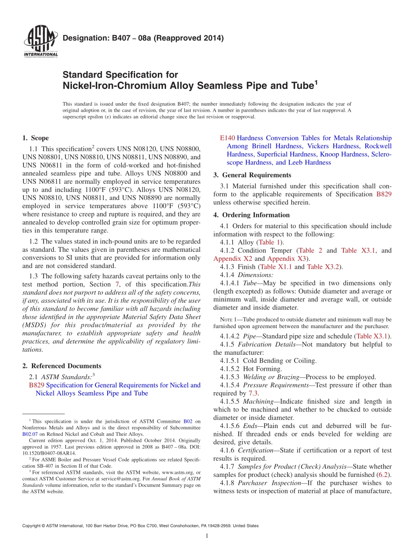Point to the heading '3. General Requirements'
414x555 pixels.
pyautogui.click(x=252, y=175)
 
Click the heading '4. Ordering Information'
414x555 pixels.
pyautogui.click(x=251, y=215)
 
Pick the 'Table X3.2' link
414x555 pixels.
pyautogui.click(x=323, y=267)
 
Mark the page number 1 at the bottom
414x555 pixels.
pyautogui.click(x=207, y=536)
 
